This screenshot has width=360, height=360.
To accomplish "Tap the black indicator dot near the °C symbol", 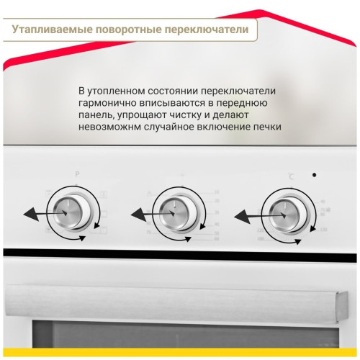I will (314, 175).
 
